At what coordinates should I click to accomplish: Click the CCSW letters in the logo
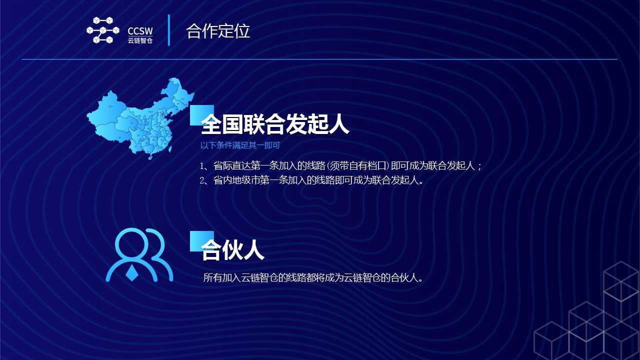click(x=140, y=31)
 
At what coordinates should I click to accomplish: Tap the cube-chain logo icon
click(x=103, y=30)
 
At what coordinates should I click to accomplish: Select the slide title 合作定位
click(x=218, y=31)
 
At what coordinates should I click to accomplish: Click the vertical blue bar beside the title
click(x=169, y=30)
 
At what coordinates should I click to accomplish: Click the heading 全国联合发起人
click(x=275, y=124)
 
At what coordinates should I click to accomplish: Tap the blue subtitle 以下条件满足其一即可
click(x=240, y=145)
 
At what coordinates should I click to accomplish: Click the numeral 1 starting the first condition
click(x=202, y=166)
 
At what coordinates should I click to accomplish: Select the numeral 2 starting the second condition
click(x=202, y=180)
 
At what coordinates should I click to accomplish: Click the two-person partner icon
click(x=139, y=255)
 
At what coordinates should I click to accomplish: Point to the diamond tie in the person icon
click(x=132, y=273)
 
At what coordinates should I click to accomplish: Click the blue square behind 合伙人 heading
click(x=201, y=241)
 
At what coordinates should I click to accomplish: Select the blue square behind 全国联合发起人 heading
click(x=201, y=115)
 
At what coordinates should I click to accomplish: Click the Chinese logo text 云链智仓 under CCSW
click(x=140, y=40)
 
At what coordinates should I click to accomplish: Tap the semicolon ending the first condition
click(x=479, y=166)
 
